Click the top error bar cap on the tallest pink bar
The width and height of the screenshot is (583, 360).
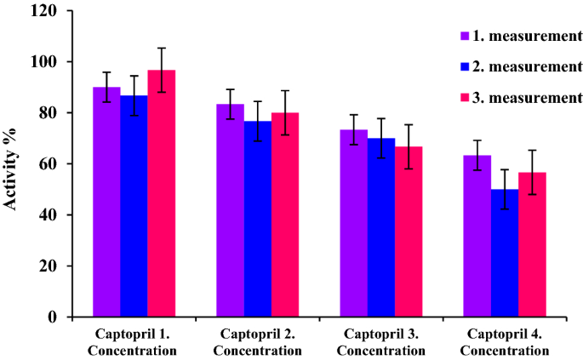tap(161, 48)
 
